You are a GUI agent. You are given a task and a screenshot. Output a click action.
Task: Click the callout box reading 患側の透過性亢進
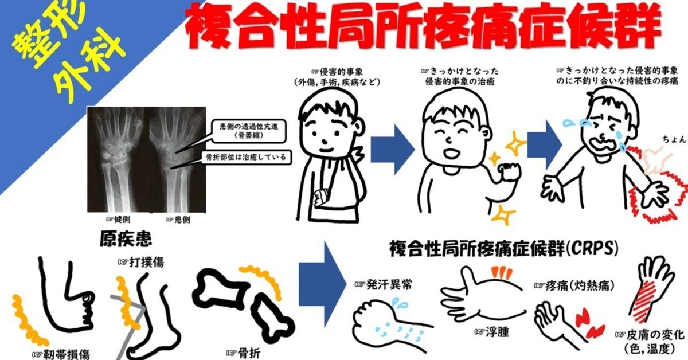[x=249, y=131]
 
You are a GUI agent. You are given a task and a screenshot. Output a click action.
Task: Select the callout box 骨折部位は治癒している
[x=247, y=157]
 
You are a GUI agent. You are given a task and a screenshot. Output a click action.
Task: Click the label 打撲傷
[x=141, y=263]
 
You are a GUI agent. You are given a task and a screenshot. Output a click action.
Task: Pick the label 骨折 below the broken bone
[x=243, y=353]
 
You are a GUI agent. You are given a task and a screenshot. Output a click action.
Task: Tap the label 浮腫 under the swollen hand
[x=491, y=332]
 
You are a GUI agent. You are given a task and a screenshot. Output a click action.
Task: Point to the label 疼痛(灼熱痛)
[x=574, y=286]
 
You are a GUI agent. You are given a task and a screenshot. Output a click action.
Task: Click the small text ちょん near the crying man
[x=674, y=140]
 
